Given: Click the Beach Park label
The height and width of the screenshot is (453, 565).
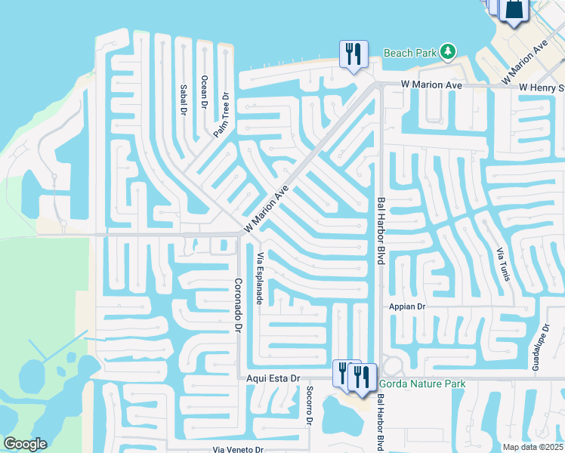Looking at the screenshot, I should (410, 53).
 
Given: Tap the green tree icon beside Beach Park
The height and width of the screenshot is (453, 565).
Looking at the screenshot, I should (448, 51).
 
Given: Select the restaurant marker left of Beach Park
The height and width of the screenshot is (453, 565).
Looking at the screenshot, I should (353, 53).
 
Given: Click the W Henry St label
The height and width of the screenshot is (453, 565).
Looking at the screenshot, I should (542, 88).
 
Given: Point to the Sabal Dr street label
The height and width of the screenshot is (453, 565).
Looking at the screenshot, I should (182, 99).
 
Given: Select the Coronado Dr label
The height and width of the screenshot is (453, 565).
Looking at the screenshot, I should (237, 306).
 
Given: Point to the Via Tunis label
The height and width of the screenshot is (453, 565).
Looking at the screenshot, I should (503, 264).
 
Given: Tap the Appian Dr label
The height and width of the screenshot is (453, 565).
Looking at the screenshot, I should (408, 307).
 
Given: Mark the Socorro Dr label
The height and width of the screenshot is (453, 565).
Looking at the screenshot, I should (309, 406).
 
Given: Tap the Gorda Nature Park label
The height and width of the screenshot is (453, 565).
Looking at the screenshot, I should (422, 384).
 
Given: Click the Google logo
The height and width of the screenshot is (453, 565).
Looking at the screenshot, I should (25, 444).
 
